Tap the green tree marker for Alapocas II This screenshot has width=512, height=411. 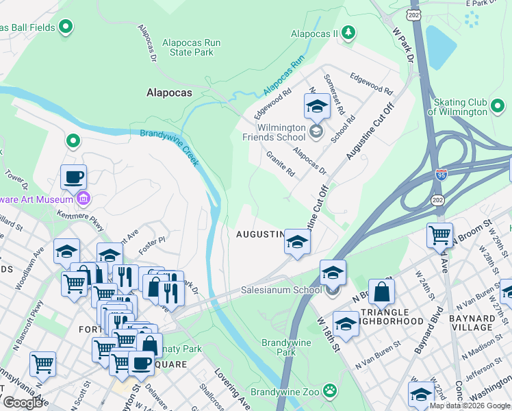(x=348, y=32)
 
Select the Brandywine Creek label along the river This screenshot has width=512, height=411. (x=170, y=147)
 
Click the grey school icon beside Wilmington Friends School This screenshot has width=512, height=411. (x=316, y=132)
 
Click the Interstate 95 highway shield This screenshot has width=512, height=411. (x=441, y=175)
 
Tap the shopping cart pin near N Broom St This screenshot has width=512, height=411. (x=439, y=235)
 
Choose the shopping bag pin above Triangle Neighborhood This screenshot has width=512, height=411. (x=381, y=291)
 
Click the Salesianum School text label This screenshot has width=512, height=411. (x=281, y=290)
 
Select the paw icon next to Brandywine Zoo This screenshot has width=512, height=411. (x=331, y=391)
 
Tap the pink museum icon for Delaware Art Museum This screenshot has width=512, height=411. (x=83, y=199)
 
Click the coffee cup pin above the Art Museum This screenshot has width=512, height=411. (x=73, y=177)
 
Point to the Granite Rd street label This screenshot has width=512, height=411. (x=280, y=164)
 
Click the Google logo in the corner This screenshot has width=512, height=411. (x=23, y=402)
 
